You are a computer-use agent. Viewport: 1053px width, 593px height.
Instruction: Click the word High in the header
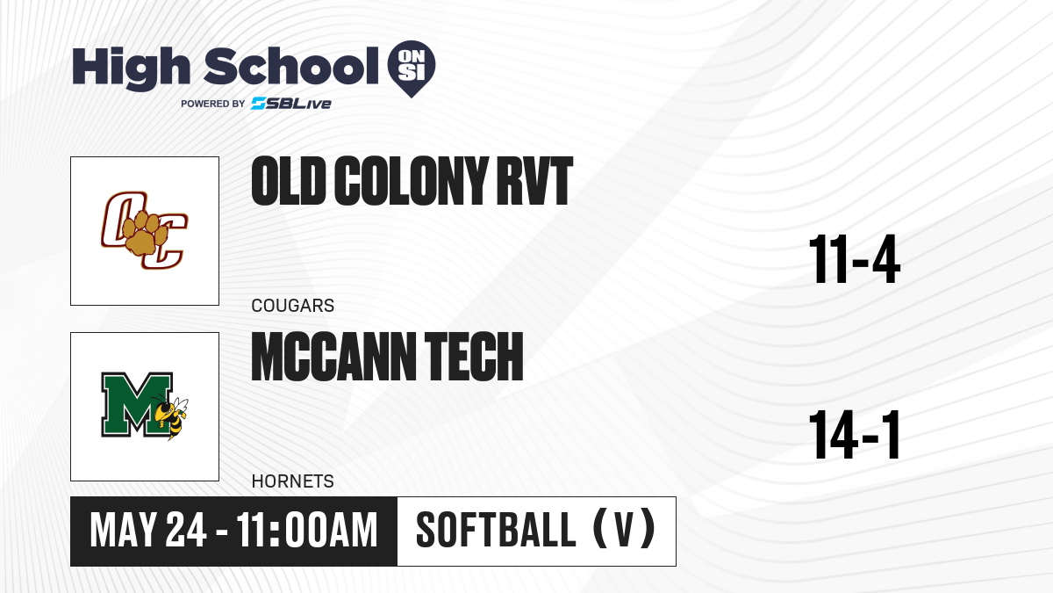(131, 69)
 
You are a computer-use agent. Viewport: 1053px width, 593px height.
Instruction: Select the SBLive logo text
(291, 104)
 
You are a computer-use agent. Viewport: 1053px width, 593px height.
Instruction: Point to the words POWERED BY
(213, 104)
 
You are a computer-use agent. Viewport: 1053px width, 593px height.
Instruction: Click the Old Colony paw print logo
(144, 230)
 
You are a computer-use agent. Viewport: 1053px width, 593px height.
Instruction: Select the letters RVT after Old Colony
(535, 181)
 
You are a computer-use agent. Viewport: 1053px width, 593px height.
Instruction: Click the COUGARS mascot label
(293, 306)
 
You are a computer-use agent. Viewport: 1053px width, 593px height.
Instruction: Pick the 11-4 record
(854, 260)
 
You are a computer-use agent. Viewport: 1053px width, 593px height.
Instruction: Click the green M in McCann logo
(137, 405)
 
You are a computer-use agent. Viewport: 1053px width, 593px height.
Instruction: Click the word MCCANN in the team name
(333, 357)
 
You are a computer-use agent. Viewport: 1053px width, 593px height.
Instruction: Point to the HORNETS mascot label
(293, 481)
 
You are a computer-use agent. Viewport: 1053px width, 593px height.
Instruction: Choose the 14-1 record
(854, 435)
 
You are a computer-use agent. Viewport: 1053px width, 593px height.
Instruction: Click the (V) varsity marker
(624, 529)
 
